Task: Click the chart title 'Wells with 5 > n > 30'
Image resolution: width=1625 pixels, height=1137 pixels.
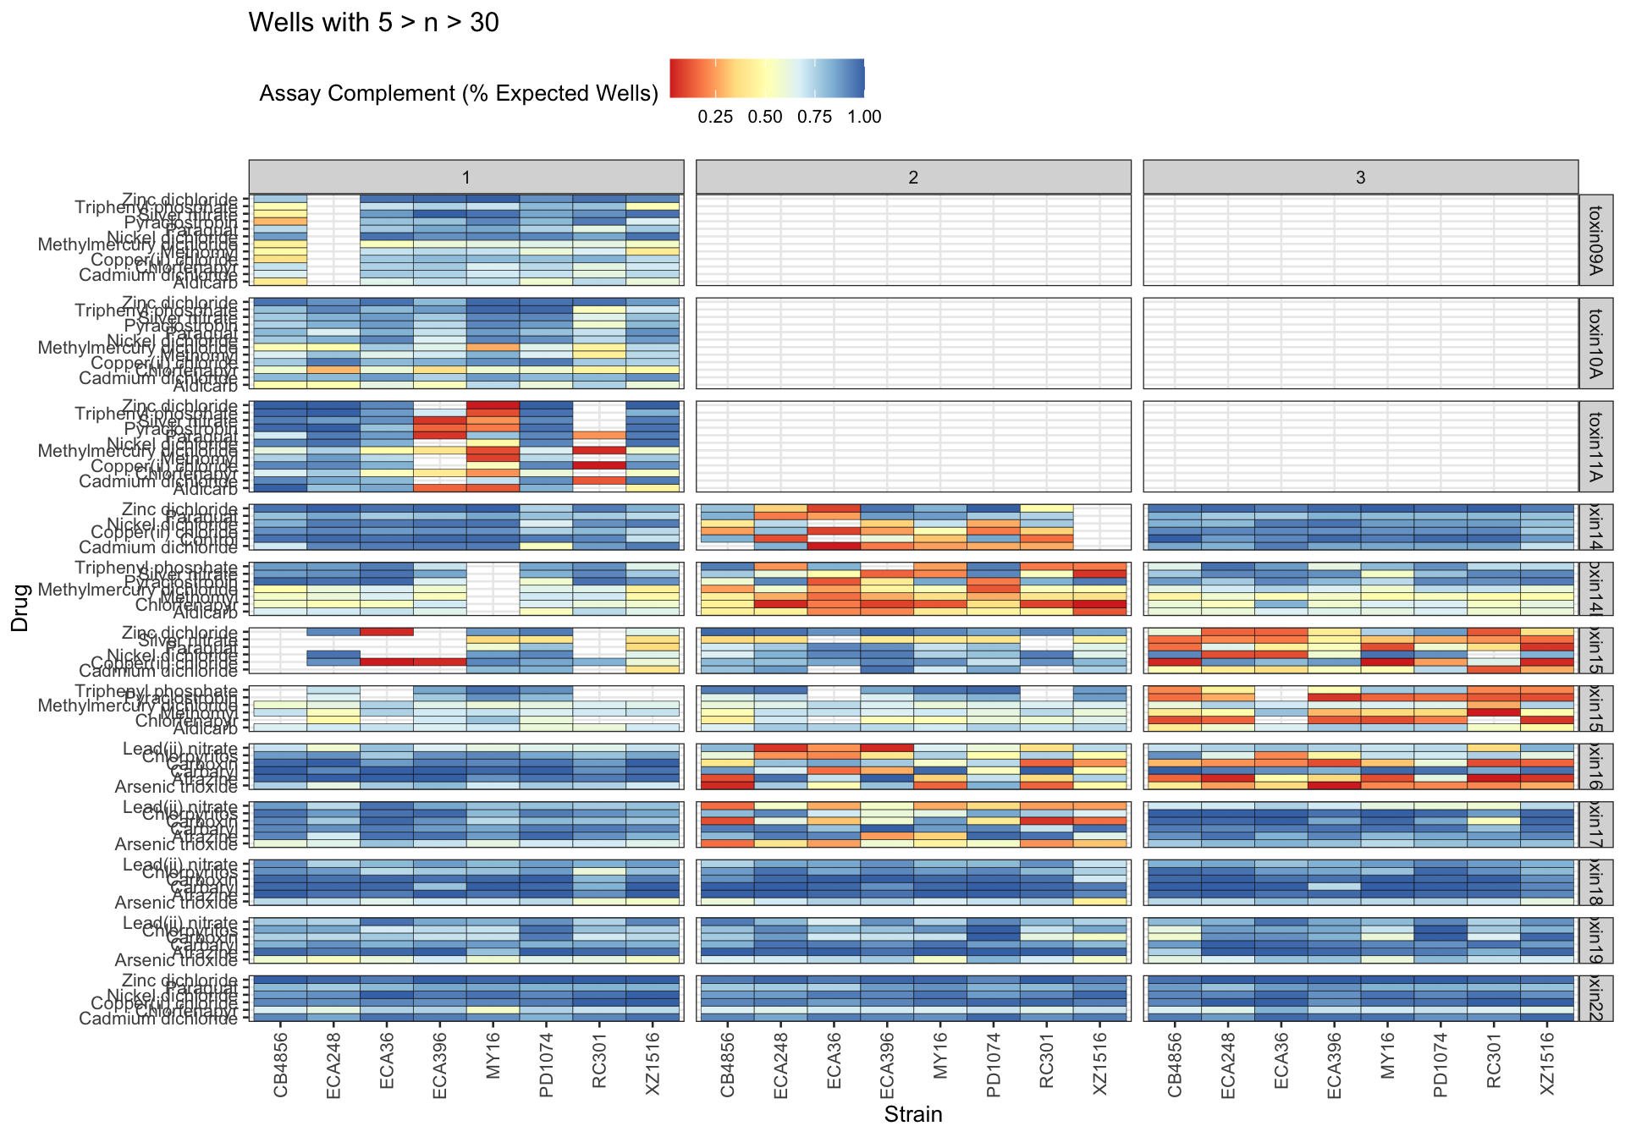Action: click(373, 23)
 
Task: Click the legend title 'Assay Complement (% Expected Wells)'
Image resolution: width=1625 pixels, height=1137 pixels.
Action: click(459, 94)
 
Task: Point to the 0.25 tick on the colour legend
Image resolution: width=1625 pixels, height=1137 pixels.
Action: click(715, 118)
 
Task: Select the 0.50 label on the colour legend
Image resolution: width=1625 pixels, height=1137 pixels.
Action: click(765, 118)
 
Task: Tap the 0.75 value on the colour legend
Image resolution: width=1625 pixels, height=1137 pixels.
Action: click(814, 118)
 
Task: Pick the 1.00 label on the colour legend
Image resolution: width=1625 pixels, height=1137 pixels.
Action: click(864, 118)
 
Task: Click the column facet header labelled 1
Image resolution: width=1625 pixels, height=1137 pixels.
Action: click(466, 178)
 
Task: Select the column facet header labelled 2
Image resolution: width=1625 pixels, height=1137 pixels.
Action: click(913, 178)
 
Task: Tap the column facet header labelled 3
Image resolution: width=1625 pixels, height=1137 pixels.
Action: click(1360, 178)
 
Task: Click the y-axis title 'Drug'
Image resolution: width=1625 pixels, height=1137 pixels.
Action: click(20, 607)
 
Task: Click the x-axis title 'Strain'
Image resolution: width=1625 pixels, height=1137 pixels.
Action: click(913, 1114)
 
